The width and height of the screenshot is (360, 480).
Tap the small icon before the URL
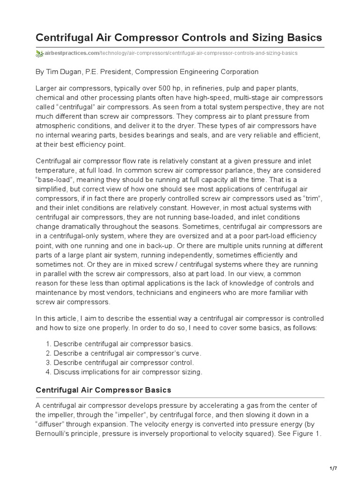point(39,53)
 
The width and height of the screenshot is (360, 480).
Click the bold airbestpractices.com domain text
point(69,53)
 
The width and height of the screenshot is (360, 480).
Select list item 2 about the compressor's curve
point(123,353)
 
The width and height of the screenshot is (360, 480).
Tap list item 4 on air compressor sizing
point(128,372)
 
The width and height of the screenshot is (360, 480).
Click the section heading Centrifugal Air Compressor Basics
point(104,390)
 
